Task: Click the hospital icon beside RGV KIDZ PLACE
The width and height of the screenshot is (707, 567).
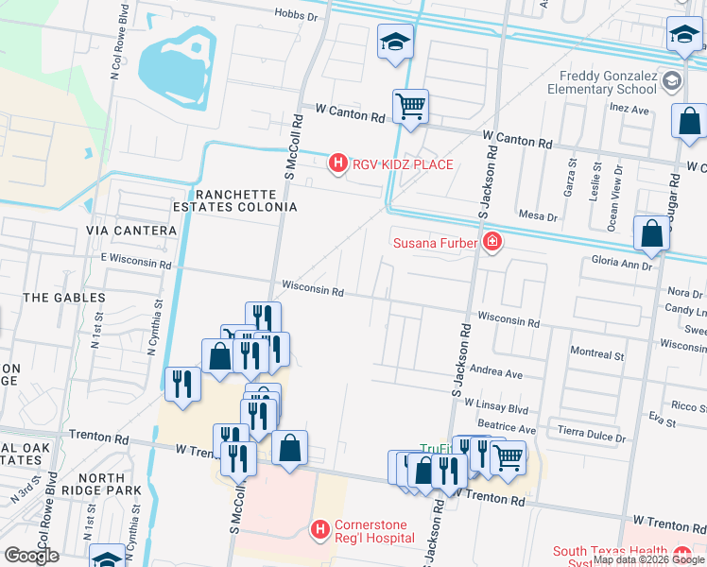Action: pyautogui.click(x=337, y=164)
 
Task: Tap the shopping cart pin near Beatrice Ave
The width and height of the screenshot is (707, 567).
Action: pyautogui.click(x=509, y=457)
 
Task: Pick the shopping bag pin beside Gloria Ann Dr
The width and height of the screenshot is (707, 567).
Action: pyautogui.click(x=651, y=233)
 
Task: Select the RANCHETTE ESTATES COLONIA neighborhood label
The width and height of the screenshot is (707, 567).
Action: pyautogui.click(x=235, y=199)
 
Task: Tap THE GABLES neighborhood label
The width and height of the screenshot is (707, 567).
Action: pyautogui.click(x=64, y=298)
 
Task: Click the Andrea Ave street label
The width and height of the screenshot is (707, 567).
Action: pyautogui.click(x=495, y=374)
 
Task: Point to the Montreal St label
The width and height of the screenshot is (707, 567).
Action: pyautogui.click(x=597, y=354)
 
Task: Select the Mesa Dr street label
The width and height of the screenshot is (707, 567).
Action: pyautogui.click(x=538, y=216)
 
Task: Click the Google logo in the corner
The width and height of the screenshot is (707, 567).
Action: pyautogui.click(x=31, y=556)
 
